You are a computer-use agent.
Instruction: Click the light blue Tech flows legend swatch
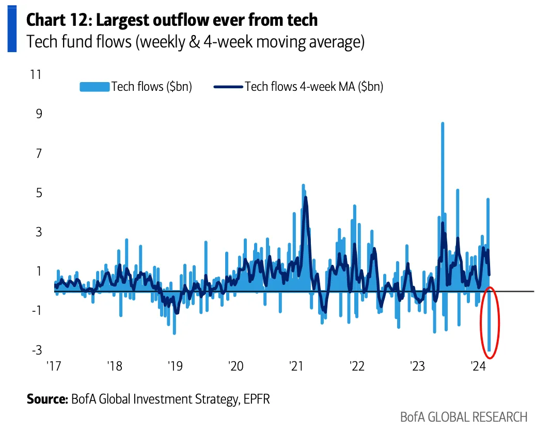95,87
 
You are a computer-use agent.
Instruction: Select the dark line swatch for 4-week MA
228,87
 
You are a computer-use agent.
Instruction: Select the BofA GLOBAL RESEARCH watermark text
464,417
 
